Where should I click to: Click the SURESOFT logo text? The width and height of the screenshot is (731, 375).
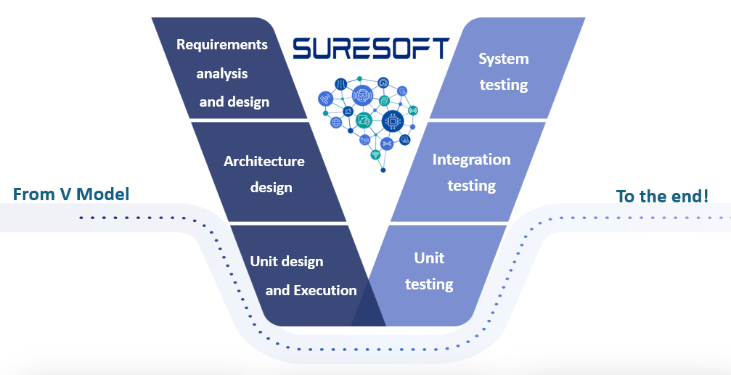371,49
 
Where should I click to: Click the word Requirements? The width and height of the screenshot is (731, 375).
222,44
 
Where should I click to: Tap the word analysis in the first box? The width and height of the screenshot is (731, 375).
223,73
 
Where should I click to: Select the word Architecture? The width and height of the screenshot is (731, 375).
264,161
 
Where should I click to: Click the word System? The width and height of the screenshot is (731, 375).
504,59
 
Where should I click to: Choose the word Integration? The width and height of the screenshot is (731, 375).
472,159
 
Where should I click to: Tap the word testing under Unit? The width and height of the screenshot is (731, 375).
430,284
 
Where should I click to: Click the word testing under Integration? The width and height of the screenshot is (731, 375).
472,186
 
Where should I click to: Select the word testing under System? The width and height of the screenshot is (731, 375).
504,85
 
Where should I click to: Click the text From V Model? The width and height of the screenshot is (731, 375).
71,194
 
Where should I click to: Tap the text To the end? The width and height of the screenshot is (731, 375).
662,196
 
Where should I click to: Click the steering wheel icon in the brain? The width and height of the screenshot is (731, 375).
362,95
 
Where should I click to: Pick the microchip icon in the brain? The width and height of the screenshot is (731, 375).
393,123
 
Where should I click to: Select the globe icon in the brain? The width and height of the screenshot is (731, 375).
336,123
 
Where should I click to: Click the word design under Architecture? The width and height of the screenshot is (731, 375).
271,187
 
